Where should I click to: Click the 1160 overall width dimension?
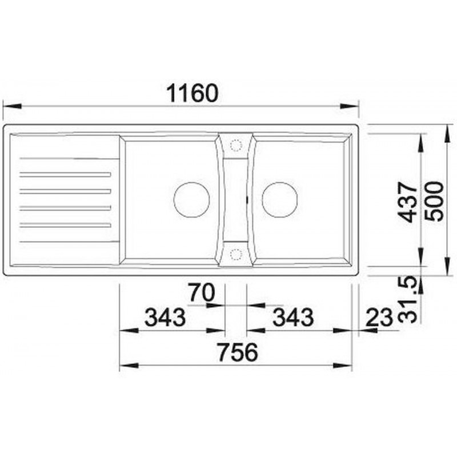pos(192,93)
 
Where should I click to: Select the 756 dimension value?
pos(238,352)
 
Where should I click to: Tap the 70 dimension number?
pos(202,292)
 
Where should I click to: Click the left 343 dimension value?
pos(165,318)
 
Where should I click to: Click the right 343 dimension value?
pos(293,318)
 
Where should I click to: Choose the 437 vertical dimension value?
pos(408,202)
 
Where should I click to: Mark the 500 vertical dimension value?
pos(434,202)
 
